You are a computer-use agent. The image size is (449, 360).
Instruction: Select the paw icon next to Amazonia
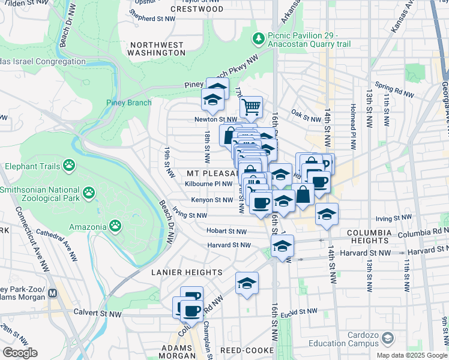click(x=115, y=226)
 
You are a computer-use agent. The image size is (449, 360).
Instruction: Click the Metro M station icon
click(x=53, y=293)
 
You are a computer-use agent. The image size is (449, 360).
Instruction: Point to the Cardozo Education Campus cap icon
click(x=387, y=339)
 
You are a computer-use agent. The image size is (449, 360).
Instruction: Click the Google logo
click(x=20, y=353)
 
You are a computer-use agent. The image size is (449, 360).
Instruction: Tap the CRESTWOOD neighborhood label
click(x=197, y=10)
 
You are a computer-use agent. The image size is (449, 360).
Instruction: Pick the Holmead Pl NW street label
click(x=349, y=126)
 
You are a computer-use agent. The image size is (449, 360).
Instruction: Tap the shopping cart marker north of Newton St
click(x=252, y=107)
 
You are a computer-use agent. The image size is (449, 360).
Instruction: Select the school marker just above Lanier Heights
click(x=247, y=284)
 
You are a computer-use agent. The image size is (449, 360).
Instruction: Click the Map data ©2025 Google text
click(x=411, y=355)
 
